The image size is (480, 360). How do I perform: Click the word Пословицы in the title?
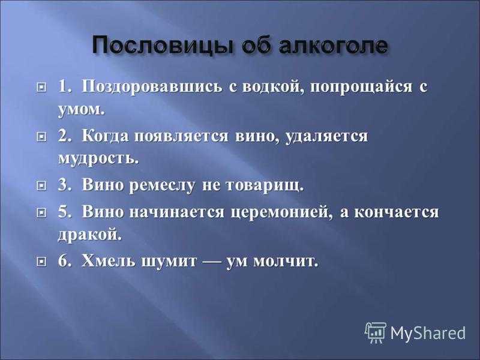click(163, 46)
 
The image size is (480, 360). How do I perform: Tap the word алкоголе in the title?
click(334, 46)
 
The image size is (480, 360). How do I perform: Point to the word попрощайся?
click(361, 87)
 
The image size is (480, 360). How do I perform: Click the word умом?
click(82, 110)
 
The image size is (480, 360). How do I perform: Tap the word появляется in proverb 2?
click(181, 137)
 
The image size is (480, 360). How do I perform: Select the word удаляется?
click(326, 137)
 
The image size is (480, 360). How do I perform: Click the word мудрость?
click(98, 158)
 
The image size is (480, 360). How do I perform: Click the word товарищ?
click(265, 186)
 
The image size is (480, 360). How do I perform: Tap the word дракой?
click(89, 235)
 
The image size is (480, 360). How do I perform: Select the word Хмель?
click(109, 261)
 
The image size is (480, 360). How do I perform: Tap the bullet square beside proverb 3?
click(41, 185)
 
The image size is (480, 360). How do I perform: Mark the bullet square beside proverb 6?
click(41, 261)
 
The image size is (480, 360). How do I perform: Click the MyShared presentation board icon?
click(376, 332)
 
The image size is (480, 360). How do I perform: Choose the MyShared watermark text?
click(428, 333)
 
